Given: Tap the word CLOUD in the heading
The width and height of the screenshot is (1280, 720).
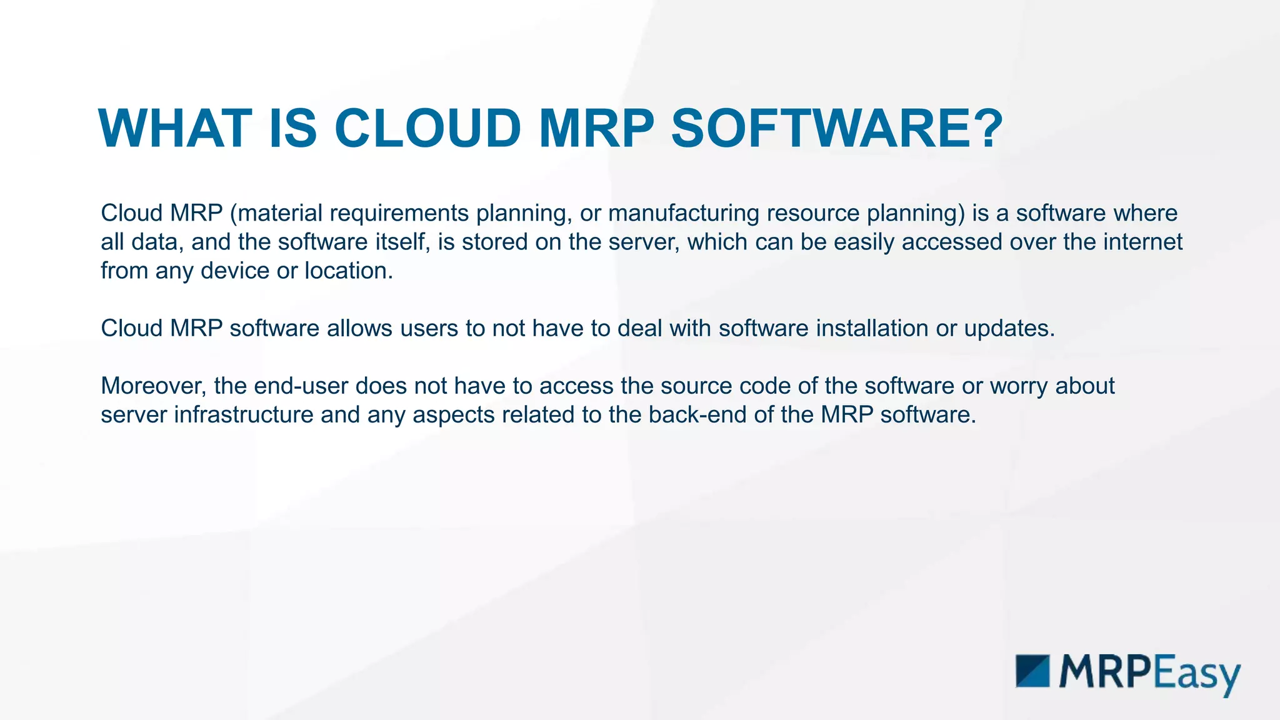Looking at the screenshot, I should (x=427, y=129).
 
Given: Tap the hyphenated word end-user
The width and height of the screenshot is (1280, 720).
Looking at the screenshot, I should (x=301, y=386).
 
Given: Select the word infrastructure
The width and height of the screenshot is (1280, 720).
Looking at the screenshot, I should (x=243, y=415).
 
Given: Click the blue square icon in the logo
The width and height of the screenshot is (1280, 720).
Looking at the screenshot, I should (x=1032, y=671).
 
